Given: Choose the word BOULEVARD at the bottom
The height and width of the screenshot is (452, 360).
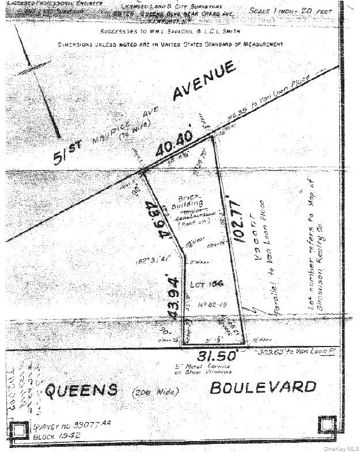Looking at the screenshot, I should (263, 386).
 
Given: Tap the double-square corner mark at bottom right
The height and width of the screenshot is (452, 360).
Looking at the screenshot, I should (326, 425).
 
